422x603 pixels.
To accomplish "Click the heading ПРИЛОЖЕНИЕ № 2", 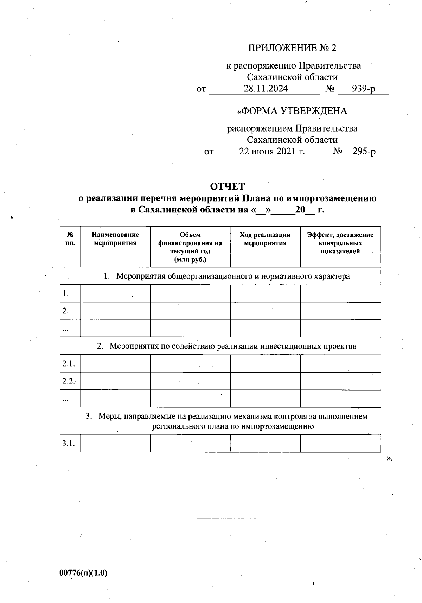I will coord(292,48).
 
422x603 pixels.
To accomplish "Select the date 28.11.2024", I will coord(266,89).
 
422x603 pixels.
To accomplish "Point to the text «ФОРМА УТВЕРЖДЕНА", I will coord(292,111).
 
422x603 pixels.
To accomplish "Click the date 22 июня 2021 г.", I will coord(272,152).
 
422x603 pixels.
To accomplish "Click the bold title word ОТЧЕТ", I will coord(227,186).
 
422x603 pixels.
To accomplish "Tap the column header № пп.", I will coord(70,239).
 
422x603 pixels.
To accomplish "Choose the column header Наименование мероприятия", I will coord(115,239).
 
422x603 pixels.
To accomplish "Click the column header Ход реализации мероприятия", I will coord(265,239).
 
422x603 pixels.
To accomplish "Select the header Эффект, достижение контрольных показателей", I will coord(340,243).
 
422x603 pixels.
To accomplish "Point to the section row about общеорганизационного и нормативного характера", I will coord(227,276).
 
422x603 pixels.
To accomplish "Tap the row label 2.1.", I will coord(69,364).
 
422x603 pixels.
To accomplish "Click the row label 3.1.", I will coord(69,444).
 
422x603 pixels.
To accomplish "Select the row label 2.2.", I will coord(69,381).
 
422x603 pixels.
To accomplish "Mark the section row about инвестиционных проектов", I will coord(227,346).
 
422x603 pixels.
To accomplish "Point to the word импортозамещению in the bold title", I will coord(331,198).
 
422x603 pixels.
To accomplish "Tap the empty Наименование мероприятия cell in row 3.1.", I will coord(115,444).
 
